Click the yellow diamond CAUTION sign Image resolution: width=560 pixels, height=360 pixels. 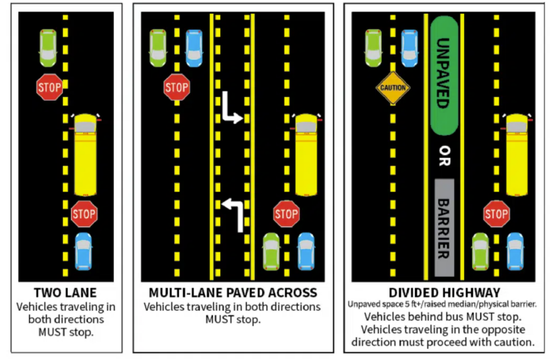[x=393, y=88]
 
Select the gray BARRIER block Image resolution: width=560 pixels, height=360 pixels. [x=444, y=227]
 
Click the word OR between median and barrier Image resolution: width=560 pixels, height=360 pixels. [x=444, y=156]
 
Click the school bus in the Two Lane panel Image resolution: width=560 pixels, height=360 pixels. [x=85, y=155]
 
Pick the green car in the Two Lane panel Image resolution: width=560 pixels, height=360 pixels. [x=48, y=48]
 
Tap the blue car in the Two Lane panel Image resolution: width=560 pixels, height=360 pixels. [x=83, y=251]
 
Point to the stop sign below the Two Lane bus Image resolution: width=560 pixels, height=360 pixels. [x=84, y=214]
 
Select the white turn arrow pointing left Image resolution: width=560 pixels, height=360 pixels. [x=232, y=214]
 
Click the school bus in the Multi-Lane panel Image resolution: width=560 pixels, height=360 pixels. [x=306, y=155]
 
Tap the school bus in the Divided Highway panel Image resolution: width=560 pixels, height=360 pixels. [x=516, y=155]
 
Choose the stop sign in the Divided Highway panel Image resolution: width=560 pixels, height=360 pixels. [x=496, y=214]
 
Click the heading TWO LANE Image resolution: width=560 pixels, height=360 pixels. [x=65, y=293]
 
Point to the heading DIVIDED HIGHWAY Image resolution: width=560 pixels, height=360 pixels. [x=444, y=293]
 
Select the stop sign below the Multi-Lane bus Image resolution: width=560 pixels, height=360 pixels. [x=286, y=214]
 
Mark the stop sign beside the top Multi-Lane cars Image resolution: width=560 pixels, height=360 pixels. [x=177, y=88]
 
